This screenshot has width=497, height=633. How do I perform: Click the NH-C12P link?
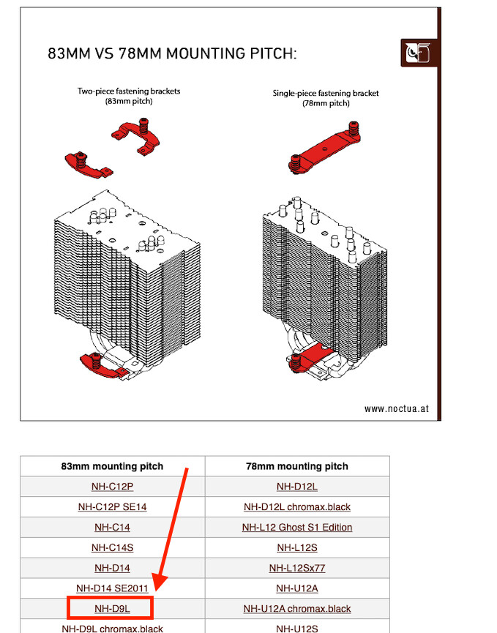tap(112, 486)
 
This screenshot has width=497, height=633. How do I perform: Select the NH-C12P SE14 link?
tap(112, 506)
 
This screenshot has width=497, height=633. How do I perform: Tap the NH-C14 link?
tap(112, 527)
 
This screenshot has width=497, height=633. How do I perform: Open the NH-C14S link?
tap(112, 547)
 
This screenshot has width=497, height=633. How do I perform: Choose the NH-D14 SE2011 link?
tap(112, 588)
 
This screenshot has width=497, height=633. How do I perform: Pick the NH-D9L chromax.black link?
tap(112, 628)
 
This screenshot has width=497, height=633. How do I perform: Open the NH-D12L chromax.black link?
tap(297, 506)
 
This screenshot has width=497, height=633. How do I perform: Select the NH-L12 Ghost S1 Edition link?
tap(297, 527)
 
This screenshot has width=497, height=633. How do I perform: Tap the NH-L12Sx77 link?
tap(297, 568)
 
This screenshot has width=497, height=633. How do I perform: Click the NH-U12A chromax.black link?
tap(297, 608)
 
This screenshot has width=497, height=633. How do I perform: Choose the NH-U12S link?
tap(297, 628)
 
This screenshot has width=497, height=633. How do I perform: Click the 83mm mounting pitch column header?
tap(112, 466)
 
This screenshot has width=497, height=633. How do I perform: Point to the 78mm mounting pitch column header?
tap(297, 466)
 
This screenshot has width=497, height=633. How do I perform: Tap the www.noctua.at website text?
tap(396, 408)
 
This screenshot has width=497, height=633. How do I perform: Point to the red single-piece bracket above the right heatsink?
tap(320, 147)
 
